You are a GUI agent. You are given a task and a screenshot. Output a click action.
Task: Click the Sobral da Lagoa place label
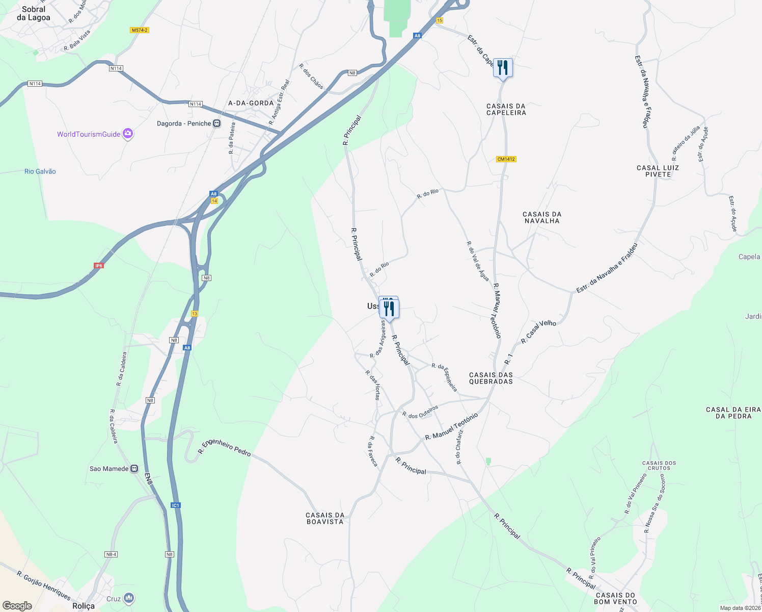click(34, 13)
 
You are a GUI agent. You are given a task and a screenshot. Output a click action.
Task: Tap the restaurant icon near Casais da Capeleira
click(503, 67)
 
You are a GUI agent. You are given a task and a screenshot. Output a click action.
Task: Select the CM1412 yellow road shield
click(506, 159)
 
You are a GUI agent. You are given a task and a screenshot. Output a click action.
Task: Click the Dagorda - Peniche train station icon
click(217, 123)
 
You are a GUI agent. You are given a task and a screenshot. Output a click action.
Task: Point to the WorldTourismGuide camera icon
click(128, 134)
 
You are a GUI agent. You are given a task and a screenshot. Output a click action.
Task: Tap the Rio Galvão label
click(40, 171)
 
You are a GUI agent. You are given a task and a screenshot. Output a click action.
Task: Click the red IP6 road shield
click(99, 266)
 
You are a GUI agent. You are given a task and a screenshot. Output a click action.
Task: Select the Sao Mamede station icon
click(134, 469)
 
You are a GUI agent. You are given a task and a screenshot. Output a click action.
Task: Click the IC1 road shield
click(176, 505)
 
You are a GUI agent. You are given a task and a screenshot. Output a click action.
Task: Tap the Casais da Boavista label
click(325, 518)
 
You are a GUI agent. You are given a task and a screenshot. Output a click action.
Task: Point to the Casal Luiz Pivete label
click(658, 171)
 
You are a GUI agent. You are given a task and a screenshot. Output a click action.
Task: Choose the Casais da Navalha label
click(542, 217)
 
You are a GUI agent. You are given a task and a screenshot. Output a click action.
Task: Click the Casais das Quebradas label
click(491, 378)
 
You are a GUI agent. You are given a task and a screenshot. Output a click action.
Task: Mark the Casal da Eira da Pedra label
click(733, 413)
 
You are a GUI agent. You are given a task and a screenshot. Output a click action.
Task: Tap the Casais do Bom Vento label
click(616, 598)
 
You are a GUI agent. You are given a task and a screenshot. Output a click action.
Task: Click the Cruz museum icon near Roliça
click(129, 598)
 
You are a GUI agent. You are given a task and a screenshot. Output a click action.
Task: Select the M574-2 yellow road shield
click(140, 30)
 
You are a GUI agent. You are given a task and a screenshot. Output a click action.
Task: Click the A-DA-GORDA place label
click(251, 103)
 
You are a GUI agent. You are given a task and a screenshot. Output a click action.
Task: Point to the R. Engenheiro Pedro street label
click(225, 447)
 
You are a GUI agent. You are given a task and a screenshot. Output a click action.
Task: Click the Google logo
click(17, 605)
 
